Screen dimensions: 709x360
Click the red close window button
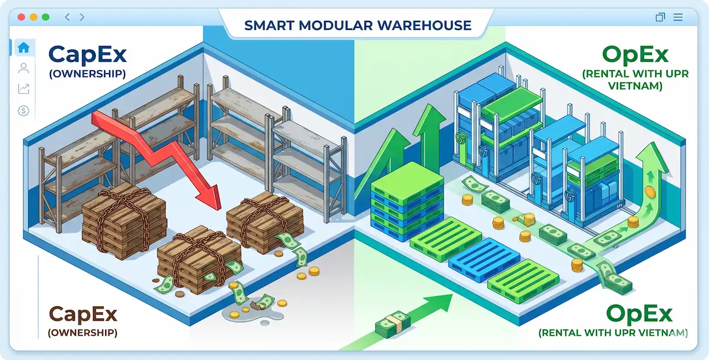click(x=21, y=17)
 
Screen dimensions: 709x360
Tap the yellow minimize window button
click(x=33, y=17)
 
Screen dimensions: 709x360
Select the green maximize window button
click(x=45, y=17)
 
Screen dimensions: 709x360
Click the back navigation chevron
click(x=67, y=17)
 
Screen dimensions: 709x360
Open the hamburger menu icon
click(x=677, y=17)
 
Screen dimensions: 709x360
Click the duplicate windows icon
click(x=660, y=17)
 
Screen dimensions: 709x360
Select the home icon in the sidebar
click(x=24, y=48)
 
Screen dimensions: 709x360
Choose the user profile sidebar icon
click(x=24, y=68)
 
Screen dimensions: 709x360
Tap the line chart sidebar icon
click(x=24, y=89)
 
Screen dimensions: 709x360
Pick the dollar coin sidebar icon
click(x=23, y=111)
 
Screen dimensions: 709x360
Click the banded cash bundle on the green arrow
click(x=393, y=324)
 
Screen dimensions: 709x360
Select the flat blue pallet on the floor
click(x=484, y=260)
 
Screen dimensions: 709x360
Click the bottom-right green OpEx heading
click(x=639, y=313)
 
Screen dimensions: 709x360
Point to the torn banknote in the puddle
click(x=262, y=302)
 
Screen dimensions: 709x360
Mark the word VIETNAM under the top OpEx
click(x=635, y=86)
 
